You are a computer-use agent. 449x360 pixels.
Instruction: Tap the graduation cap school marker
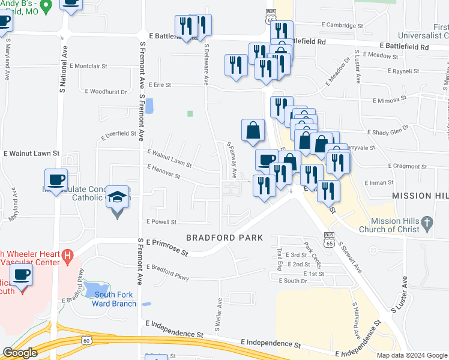coord(117,197)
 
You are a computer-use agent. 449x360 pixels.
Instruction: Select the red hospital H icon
coord(68,256)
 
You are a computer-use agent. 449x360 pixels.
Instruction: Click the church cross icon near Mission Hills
coord(426,224)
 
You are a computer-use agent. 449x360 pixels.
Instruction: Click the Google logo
coord(20,353)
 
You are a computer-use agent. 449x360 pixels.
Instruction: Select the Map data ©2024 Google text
coord(412,355)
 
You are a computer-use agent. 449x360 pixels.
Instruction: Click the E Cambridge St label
coord(342,25)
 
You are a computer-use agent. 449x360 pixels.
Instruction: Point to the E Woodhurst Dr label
coord(106,92)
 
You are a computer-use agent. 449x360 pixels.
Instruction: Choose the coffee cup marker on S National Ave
coord(56,180)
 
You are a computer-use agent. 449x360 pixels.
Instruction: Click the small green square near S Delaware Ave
coord(190,113)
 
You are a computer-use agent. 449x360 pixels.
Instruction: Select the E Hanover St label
coord(163,172)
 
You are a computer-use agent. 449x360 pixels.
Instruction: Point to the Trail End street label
coord(280,259)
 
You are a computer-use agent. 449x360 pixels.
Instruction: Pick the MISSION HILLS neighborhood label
coord(420,196)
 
